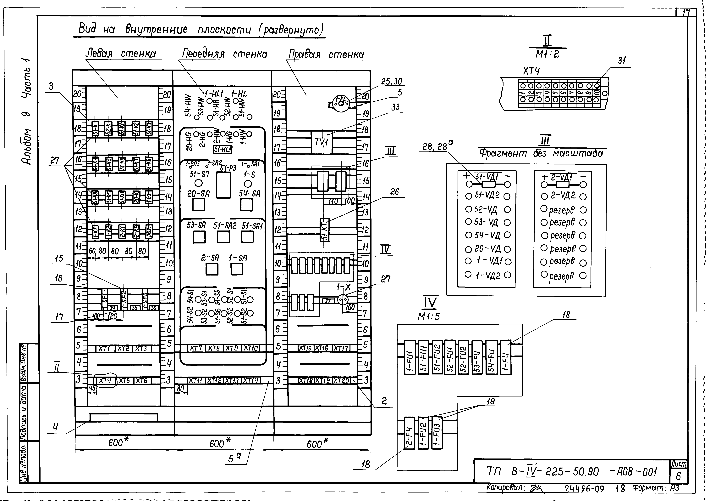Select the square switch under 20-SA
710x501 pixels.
point(198,205)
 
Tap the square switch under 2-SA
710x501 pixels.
point(212,269)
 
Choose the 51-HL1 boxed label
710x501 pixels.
point(223,150)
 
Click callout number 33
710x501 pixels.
point(395,107)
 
